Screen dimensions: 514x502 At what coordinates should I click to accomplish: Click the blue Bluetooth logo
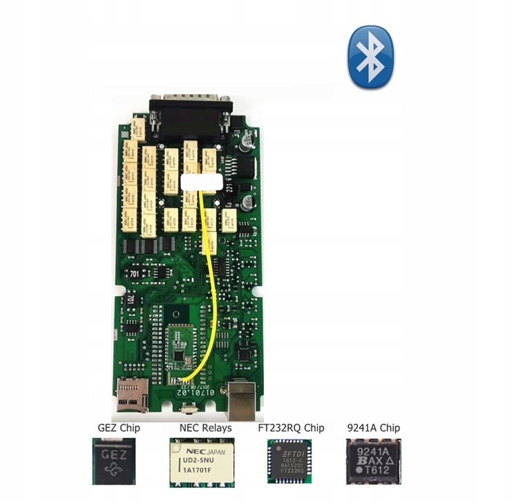(370, 57)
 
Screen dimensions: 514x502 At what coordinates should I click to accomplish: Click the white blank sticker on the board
(202, 182)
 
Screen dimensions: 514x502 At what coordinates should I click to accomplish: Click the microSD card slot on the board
(132, 392)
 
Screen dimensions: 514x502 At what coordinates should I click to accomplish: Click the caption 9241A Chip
(373, 428)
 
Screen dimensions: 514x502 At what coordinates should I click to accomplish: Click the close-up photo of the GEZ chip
(118, 461)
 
